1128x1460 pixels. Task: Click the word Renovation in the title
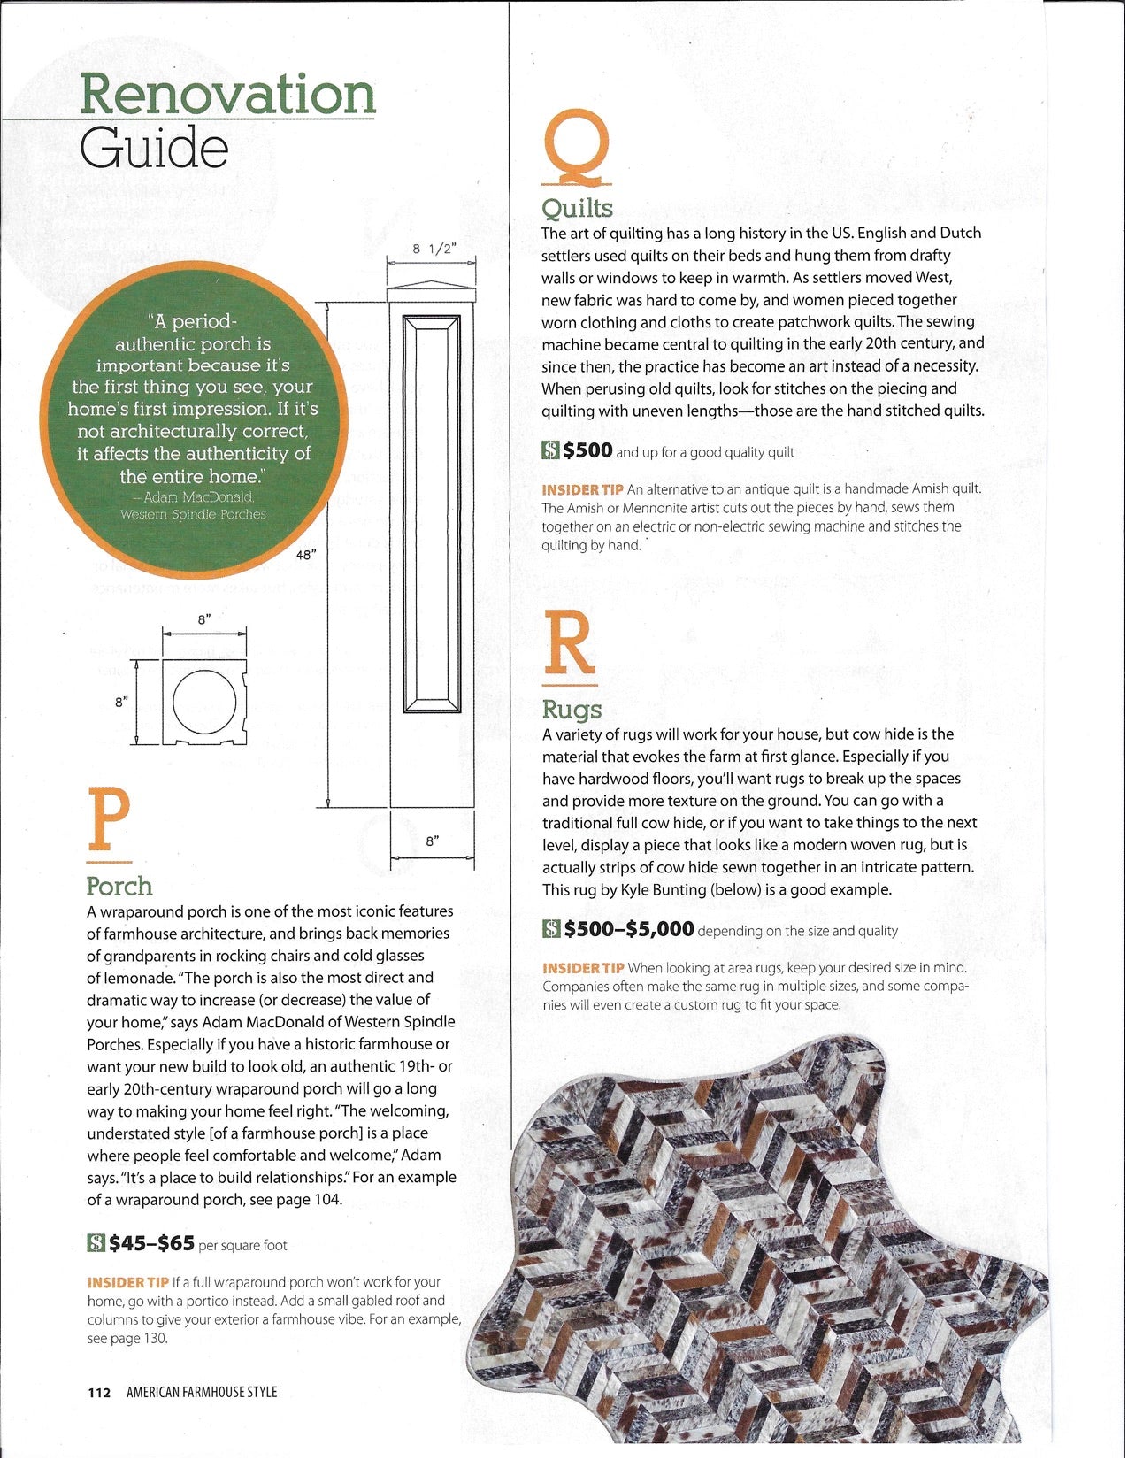click(228, 95)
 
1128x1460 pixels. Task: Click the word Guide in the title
click(154, 148)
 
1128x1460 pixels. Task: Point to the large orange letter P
click(109, 822)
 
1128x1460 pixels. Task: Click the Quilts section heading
click(577, 208)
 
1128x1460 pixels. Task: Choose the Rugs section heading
click(572, 709)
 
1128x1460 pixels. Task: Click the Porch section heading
click(119, 886)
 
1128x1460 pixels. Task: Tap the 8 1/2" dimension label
click(432, 250)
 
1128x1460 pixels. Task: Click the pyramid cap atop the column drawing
click(432, 286)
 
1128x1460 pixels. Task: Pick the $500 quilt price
click(587, 450)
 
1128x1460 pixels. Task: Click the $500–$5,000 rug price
click(629, 929)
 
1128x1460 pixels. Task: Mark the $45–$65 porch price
click(151, 1243)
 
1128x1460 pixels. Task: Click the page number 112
click(99, 1392)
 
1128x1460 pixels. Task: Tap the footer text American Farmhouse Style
click(202, 1392)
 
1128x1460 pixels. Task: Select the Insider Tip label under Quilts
click(582, 489)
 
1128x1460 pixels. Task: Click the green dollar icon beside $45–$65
click(96, 1243)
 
